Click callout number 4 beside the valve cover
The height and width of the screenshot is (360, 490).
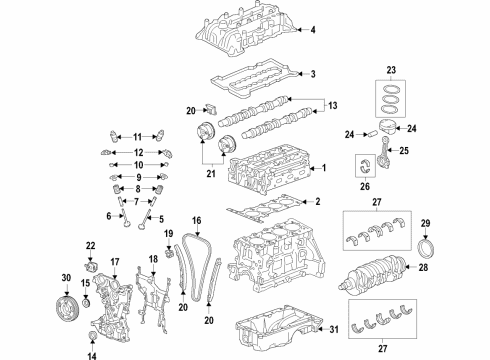tap(313, 31)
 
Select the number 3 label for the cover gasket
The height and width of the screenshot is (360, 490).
tap(313, 74)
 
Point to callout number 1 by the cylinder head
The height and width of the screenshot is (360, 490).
tap(322, 168)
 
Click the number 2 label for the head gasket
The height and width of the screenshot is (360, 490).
tap(317, 203)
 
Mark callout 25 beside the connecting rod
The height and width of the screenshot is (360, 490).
tap(432, 151)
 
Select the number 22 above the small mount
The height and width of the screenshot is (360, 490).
tap(90, 246)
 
